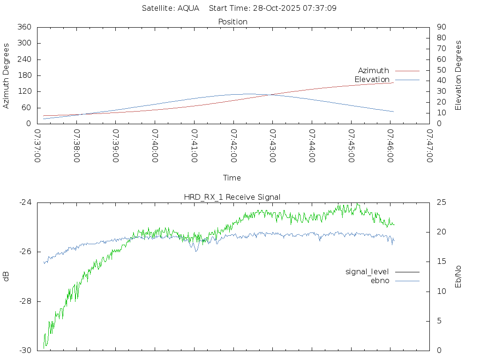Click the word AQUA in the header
[188, 8]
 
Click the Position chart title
[233, 22]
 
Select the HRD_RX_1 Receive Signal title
[232, 197]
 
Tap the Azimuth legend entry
[374, 71]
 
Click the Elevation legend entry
[372, 80]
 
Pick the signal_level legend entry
[367, 272]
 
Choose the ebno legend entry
[380, 281]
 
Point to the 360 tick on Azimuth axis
[24, 27]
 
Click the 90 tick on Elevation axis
[441, 27]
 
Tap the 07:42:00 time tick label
[233, 147]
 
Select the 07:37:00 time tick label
[38, 147]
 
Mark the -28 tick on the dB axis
[25, 301]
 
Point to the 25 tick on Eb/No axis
[441, 202]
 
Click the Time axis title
[232, 178]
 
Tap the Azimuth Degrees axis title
[6, 75]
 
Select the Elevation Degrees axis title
[458, 75]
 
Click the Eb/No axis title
[458, 277]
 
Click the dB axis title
[6, 277]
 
